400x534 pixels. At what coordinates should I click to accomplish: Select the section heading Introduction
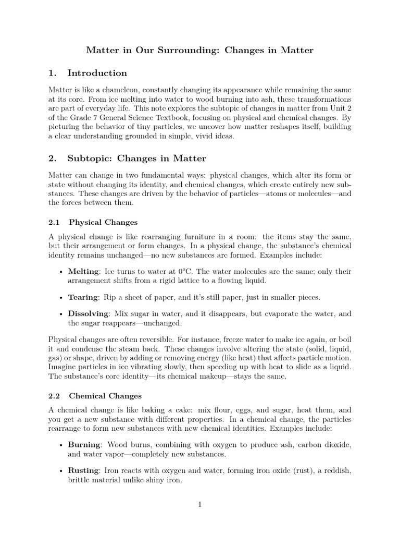(x=97, y=73)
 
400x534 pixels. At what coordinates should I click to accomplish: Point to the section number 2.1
(x=54, y=222)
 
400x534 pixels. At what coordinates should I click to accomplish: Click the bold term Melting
(x=83, y=272)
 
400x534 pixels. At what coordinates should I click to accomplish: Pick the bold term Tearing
(x=83, y=297)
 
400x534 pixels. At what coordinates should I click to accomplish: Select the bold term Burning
(x=84, y=445)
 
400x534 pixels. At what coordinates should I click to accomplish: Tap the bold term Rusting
(x=83, y=471)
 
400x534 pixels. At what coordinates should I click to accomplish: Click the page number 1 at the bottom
(x=199, y=504)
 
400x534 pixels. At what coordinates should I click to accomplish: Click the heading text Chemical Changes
(x=105, y=396)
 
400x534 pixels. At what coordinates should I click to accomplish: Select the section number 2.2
(x=54, y=396)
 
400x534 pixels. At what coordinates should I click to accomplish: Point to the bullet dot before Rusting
(x=62, y=471)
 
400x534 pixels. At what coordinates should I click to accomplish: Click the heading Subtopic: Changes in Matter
(x=136, y=158)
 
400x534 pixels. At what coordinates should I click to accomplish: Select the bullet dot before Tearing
(x=62, y=297)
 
